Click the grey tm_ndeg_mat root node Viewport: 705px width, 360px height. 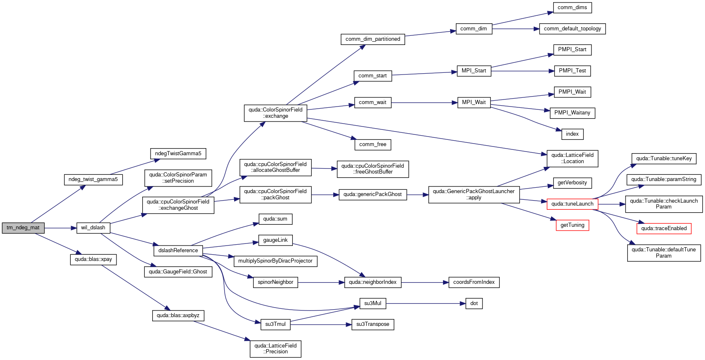click(23, 228)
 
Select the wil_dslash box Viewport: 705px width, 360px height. click(93, 228)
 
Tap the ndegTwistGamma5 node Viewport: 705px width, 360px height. click(178, 154)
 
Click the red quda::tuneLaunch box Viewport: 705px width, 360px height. click(572, 204)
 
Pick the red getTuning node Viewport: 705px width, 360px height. click(572, 225)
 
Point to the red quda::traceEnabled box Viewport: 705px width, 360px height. click(664, 228)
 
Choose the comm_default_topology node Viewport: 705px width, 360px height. click(572, 29)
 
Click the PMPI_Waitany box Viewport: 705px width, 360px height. click(572, 113)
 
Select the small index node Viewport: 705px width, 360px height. click(572, 134)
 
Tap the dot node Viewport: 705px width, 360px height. click(474, 304)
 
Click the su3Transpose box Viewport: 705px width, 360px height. click(373, 324)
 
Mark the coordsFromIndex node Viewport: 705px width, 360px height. click(474, 282)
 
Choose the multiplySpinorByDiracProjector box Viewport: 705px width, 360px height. click(275, 261)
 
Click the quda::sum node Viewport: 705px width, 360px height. click(275, 219)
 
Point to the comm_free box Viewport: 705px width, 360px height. click(373, 144)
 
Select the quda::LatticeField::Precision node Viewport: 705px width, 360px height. click(275, 349)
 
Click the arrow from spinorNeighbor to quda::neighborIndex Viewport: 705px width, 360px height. click(321, 283)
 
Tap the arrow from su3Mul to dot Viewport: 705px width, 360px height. click(425, 304)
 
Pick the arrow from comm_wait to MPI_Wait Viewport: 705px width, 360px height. click(424, 103)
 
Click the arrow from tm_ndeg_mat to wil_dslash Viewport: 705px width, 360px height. click(60, 228)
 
